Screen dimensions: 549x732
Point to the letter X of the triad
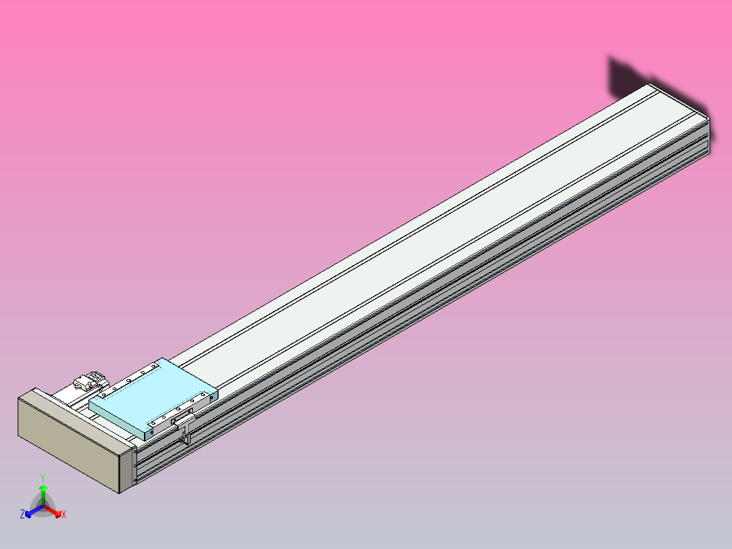point(64,515)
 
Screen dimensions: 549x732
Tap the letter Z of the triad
point(22,515)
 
